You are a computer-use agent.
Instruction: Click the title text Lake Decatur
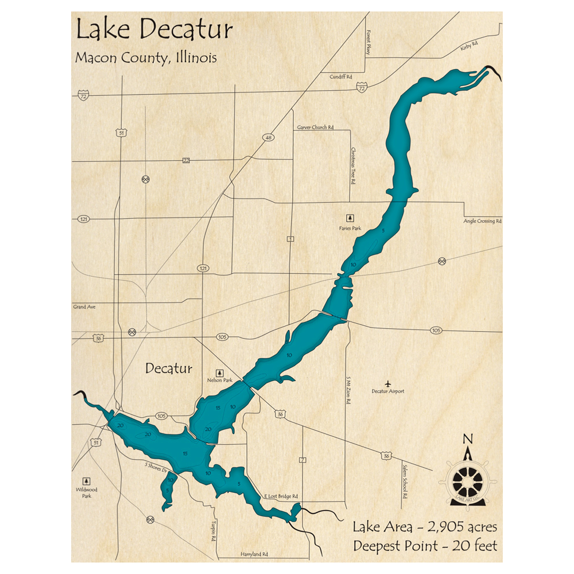click(154, 30)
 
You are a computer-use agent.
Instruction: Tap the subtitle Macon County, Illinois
click(146, 59)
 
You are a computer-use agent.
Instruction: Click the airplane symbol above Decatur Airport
click(389, 383)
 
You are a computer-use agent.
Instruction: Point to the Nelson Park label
click(219, 380)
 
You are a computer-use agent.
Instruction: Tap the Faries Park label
click(349, 228)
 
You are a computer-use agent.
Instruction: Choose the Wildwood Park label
click(87, 492)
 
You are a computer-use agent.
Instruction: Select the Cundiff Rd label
click(340, 76)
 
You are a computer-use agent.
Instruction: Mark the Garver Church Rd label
click(315, 127)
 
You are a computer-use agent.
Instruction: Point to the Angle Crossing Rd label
click(483, 221)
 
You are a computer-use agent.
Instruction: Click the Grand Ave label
click(84, 307)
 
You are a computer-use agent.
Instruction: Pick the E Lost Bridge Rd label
click(281, 496)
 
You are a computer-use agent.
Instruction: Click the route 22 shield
click(185, 160)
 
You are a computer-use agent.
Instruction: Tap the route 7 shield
click(302, 460)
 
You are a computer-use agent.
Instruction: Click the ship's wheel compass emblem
click(468, 479)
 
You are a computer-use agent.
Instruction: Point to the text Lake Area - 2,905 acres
click(424, 527)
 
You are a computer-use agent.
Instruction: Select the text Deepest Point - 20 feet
click(424, 546)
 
